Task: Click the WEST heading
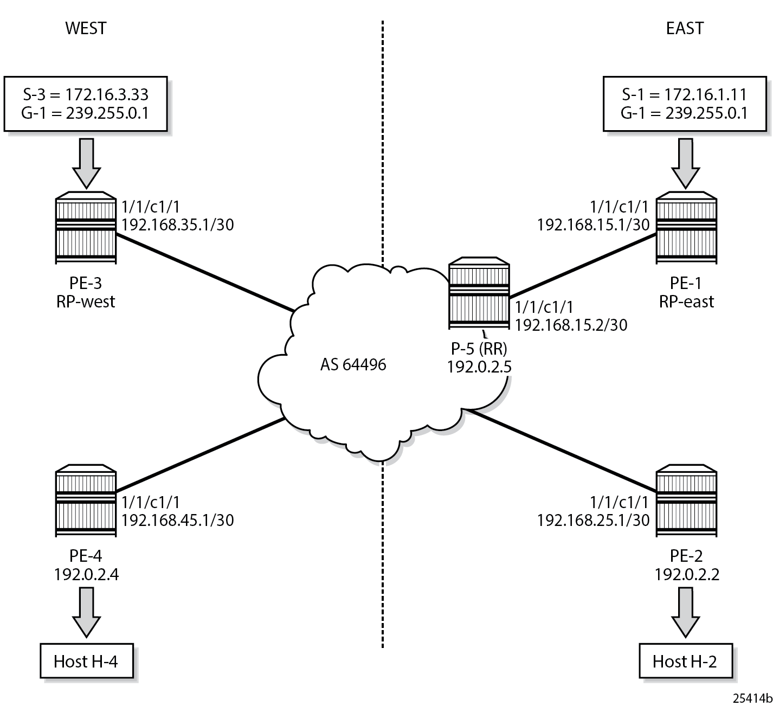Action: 86,28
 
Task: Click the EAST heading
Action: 685,28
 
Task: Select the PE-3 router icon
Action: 86,228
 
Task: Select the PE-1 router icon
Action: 686,228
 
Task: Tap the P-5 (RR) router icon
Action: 479,296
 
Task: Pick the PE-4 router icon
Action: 86,500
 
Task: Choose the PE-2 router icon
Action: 686,500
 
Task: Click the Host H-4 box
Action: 86,661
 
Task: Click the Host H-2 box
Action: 685,661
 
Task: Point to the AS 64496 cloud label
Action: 353,364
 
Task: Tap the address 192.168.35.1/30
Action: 178,224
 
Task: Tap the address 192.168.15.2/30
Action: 571,325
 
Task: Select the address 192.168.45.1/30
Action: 178,520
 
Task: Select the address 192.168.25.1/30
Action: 593,520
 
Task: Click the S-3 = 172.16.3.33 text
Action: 86,94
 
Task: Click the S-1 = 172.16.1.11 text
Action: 685,94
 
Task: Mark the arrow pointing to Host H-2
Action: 685,612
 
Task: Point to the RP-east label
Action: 686,301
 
